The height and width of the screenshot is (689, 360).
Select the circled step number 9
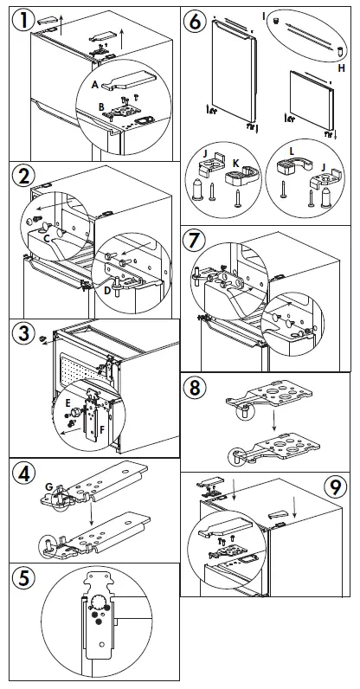335,486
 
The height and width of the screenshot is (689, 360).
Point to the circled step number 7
194,241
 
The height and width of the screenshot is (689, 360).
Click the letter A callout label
95,85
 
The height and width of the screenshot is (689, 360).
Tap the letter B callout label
101,106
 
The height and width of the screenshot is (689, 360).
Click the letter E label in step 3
67,402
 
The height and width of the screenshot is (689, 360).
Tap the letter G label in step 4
49,486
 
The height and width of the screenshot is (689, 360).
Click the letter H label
342,68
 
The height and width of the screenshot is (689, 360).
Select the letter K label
235,163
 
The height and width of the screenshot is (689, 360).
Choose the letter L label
291,151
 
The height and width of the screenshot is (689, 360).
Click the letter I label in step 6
264,16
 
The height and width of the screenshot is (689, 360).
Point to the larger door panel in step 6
233,69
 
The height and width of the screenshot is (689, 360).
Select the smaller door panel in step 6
312,100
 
